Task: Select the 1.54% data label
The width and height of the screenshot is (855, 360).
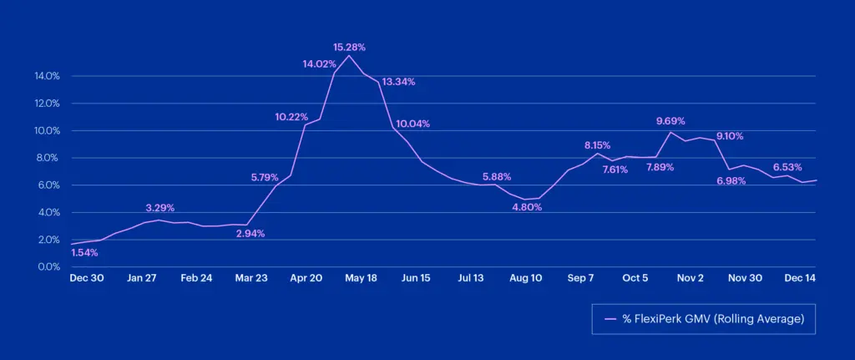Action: click(85, 252)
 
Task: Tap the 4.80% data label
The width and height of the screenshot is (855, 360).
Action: click(527, 207)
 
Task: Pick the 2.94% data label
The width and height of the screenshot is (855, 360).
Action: click(250, 234)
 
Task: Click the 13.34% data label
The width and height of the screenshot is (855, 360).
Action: click(398, 82)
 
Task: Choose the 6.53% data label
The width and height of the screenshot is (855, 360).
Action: click(787, 166)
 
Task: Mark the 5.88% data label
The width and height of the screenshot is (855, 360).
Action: click(497, 176)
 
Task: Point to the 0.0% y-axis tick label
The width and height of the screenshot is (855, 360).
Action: click(48, 266)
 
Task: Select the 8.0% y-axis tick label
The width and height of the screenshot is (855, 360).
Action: click(48, 158)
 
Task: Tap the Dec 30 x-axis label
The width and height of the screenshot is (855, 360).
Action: click(87, 279)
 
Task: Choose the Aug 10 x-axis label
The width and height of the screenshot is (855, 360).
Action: click(525, 279)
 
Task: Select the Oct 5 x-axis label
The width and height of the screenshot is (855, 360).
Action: click(635, 279)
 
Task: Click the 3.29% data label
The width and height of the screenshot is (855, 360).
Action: click(159, 207)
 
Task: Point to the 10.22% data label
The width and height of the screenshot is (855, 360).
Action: click(292, 116)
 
